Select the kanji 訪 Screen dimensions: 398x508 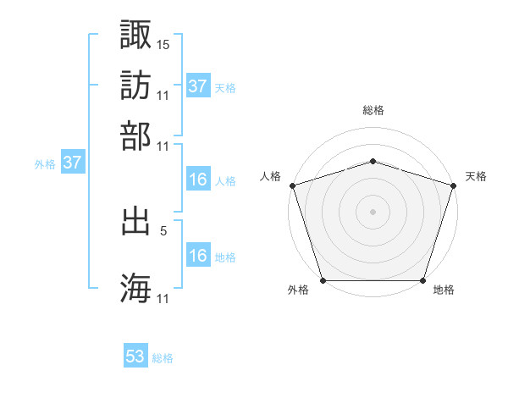pyautogui.click(x=136, y=85)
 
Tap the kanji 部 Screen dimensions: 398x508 pyautogui.click(x=136, y=135)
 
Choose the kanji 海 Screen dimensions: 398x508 pyautogui.click(x=136, y=288)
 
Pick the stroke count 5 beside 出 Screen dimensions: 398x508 pyautogui.click(x=163, y=229)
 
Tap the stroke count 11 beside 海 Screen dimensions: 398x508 pyautogui.click(x=163, y=298)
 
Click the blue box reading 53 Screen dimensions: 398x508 pyautogui.click(x=135, y=357)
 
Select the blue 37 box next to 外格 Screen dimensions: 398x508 pyautogui.click(x=73, y=163)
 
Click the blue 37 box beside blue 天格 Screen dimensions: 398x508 pyautogui.click(x=198, y=86)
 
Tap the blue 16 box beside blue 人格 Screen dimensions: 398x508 pyautogui.click(x=198, y=180)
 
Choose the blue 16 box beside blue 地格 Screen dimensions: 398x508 pyautogui.click(x=198, y=256)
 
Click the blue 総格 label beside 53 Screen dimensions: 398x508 pyautogui.click(x=163, y=358)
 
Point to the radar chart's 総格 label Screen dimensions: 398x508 pyautogui.click(x=373, y=110)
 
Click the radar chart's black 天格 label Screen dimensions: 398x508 pyautogui.click(x=476, y=176)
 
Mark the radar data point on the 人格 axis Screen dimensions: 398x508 pyautogui.click(x=292, y=185)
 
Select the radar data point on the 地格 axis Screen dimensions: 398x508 pyautogui.click(x=422, y=280)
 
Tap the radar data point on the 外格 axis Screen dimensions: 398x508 pyautogui.click(x=323, y=280)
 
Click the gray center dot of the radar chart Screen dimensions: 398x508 pyautogui.click(x=373, y=211)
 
